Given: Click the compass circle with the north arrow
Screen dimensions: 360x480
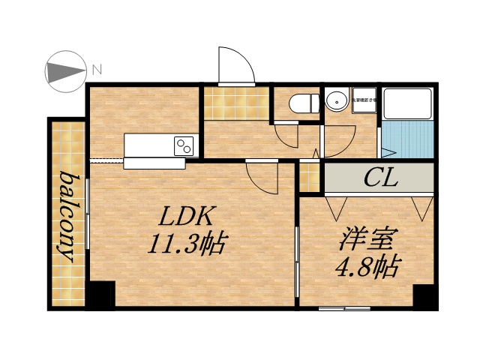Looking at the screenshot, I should pyautogui.click(x=65, y=73).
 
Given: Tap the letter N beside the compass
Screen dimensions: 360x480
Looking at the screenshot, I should pyautogui.click(x=96, y=70).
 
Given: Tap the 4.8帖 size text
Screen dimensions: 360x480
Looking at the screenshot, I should pyautogui.click(x=366, y=266).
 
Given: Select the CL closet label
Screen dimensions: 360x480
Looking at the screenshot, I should pyautogui.click(x=380, y=178).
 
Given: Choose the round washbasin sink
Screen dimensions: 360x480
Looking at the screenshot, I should pyautogui.click(x=337, y=100).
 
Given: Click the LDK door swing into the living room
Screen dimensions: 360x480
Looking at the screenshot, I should pyautogui.click(x=259, y=178).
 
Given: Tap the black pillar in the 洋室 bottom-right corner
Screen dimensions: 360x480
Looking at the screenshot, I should pyautogui.click(x=425, y=296).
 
